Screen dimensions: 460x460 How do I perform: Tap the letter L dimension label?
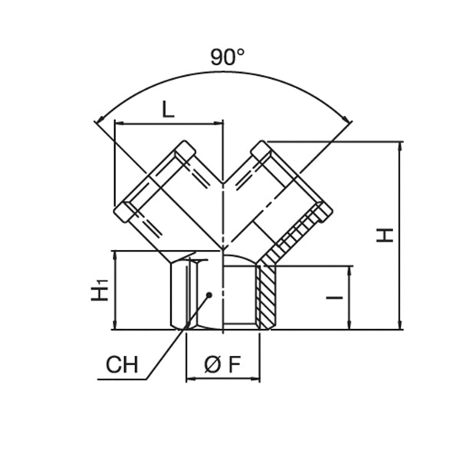pos(168,109)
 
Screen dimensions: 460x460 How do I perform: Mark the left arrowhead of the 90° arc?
pos(97,120)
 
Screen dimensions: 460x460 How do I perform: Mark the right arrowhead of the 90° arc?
pos(348,120)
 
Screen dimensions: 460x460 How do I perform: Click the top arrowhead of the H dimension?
pos(399,146)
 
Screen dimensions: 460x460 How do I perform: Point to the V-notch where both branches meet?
pos(223,183)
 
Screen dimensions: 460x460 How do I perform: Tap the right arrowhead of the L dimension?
pos(219,123)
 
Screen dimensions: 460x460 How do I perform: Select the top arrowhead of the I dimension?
pos(350,271)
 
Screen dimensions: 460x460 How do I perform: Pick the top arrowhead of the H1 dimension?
pos(114,255)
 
